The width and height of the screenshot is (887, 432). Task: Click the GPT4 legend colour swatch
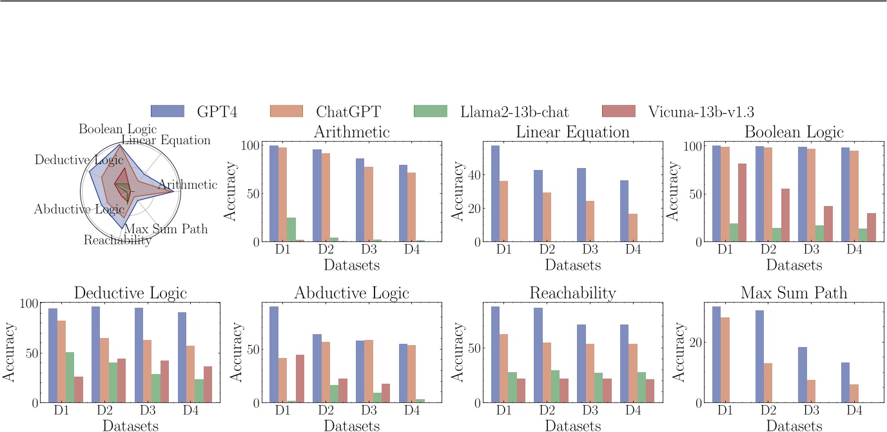tap(168, 111)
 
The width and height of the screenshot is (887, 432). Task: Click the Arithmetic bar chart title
tap(351, 132)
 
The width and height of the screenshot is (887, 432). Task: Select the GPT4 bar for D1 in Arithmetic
tap(274, 194)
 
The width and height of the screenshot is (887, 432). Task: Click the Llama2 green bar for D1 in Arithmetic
tap(292, 230)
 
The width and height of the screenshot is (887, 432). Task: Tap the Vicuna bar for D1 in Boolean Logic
tap(743, 203)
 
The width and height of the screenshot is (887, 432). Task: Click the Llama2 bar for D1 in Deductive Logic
tap(70, 377)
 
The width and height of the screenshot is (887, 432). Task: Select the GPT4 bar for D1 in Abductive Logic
tap(274, 355)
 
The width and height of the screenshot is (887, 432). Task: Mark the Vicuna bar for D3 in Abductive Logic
tap(385, 393)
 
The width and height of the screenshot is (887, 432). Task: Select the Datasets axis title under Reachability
tap(572, 425)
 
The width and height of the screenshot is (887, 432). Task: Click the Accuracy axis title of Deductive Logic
tap(11, 353)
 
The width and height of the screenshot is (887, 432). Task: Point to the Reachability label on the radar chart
tap(117, 240)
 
